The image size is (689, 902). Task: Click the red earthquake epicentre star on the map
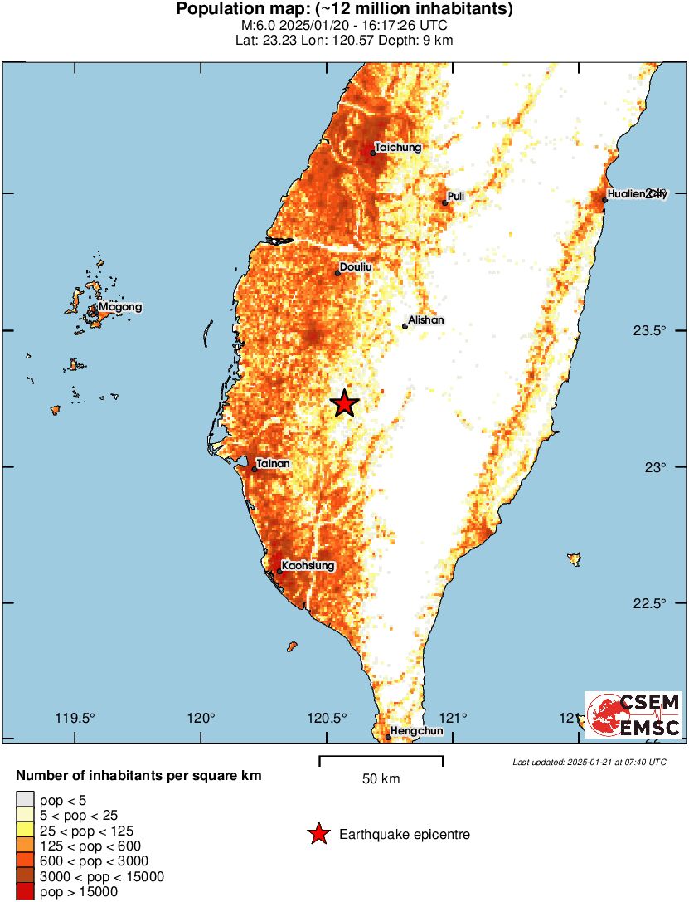[x=345, y=403]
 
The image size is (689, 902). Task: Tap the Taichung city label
[x=398, y=148]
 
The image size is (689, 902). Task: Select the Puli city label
[x=455, y=196]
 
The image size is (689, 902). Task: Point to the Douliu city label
[x=354, y=266]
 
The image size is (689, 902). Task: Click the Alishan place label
[x=427, y=319]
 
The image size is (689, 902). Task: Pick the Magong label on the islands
[x=120, y=308]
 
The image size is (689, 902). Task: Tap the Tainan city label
[x=274, y=463]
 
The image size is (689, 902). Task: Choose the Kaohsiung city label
[x=308, y=565]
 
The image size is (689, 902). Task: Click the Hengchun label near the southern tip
[x=416, y=731]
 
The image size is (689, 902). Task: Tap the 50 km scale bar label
[x=381, y=779]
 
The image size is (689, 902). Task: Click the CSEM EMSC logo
[x=633, y=715]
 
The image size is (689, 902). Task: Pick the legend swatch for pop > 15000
[x=25, y=892]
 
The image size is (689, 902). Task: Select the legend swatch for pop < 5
[x=25, y=801]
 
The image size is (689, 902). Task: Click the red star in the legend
[x=318, y=834]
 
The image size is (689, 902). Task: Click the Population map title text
[x=344, y=10]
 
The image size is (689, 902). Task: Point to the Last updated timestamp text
[x=589, y=762]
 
